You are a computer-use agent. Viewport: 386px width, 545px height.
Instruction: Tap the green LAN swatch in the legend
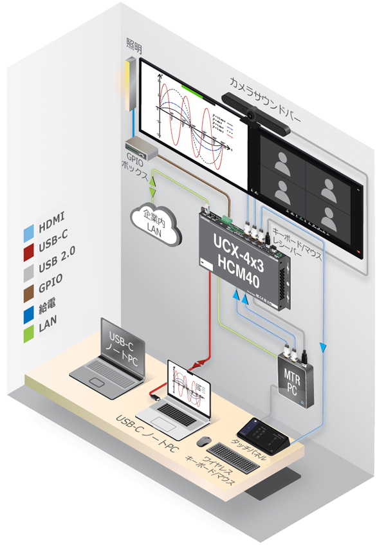pos(27,327)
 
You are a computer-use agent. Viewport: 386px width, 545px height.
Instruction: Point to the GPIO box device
pos(141,149)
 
